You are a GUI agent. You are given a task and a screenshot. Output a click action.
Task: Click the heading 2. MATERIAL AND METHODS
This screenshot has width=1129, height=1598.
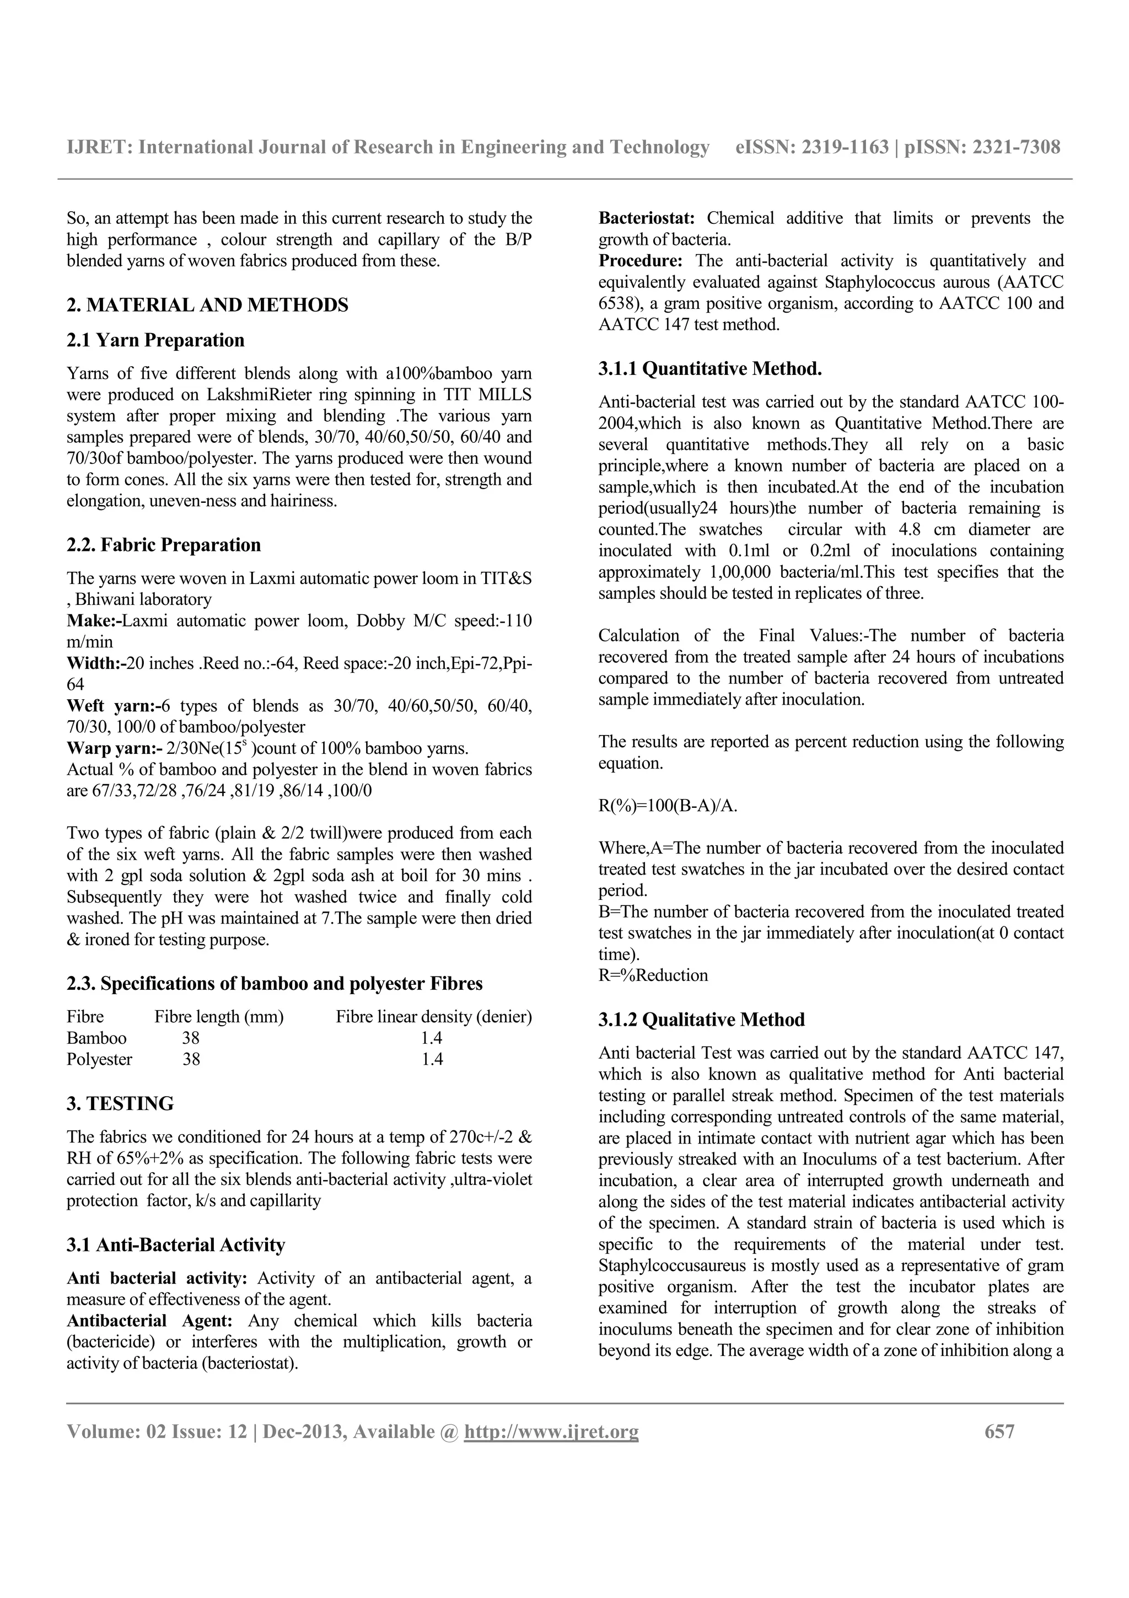(207, 305)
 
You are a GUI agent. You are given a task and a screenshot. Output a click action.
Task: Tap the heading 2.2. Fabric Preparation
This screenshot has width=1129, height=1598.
(164, 545)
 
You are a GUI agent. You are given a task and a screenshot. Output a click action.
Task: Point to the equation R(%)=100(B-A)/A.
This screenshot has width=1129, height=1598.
(667, 806)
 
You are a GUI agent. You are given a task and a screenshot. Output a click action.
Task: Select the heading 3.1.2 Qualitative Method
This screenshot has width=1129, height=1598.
(701, 1020)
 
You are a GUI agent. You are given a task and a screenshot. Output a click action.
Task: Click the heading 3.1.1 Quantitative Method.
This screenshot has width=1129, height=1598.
(709, 369)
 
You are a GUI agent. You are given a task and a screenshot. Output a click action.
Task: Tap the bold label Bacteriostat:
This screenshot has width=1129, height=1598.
(647, 218)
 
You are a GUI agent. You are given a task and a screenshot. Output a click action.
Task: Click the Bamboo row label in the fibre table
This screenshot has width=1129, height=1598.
(96, 1038)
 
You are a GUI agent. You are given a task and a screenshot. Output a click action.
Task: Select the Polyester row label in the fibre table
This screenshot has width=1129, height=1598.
(99, 1059)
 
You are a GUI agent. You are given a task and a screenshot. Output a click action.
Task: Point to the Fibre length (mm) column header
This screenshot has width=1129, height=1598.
(219, 1017)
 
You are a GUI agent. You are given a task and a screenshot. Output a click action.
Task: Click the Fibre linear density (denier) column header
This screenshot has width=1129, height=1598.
(433, 1017)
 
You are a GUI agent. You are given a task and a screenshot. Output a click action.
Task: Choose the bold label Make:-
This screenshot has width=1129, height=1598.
(94, 621)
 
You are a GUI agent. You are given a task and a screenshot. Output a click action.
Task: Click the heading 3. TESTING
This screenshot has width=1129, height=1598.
(120, 1104)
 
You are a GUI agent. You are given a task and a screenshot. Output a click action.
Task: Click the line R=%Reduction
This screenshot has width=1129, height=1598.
(653, 975)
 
